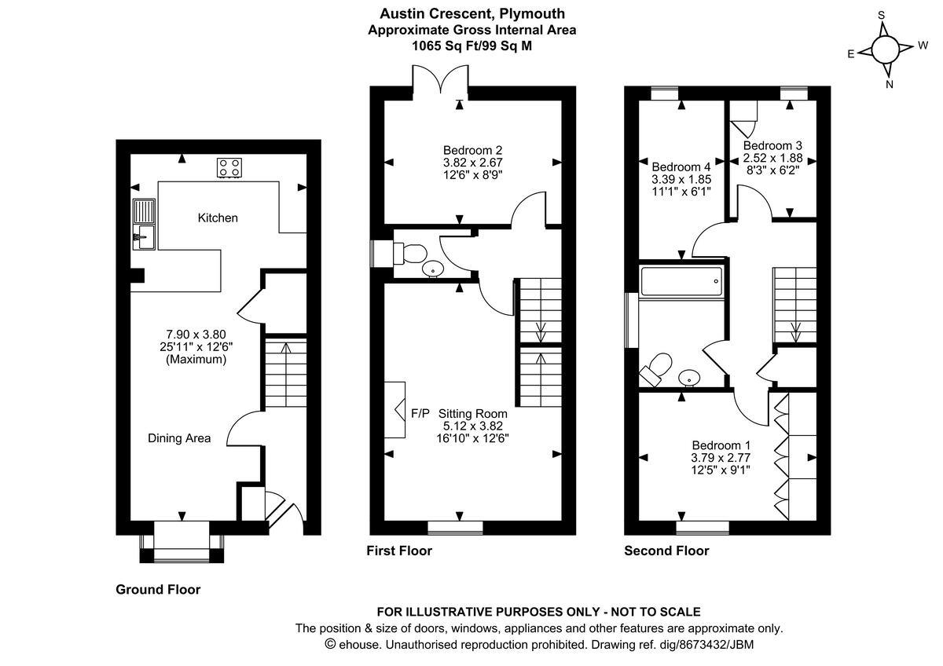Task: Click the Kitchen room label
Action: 218,218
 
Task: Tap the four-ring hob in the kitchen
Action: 229,166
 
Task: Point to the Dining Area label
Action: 179,438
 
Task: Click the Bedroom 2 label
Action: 472,151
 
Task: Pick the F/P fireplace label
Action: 421,413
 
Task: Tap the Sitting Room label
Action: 473,413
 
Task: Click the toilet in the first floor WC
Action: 410,253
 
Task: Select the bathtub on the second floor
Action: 681,280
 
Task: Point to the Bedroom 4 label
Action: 681,166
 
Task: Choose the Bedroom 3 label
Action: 772,145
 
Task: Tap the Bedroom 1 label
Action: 721,445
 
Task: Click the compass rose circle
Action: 886,50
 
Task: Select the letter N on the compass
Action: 890,84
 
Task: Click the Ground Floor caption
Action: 158,589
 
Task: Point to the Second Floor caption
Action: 666,551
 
